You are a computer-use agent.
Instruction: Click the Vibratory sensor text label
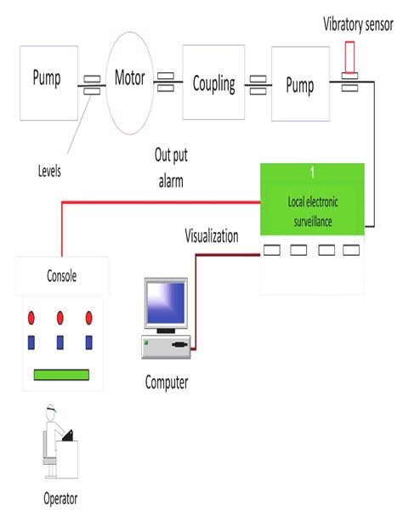pos(358,24)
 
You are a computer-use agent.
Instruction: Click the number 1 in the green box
pos(312,173)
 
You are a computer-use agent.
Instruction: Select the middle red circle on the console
pos(60,318)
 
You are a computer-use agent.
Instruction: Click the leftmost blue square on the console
pos(33,343)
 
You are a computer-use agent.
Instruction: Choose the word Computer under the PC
pos(166,382)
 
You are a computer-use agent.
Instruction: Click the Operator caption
pos(60,498)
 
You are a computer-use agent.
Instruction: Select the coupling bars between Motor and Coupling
pos(165,82)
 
